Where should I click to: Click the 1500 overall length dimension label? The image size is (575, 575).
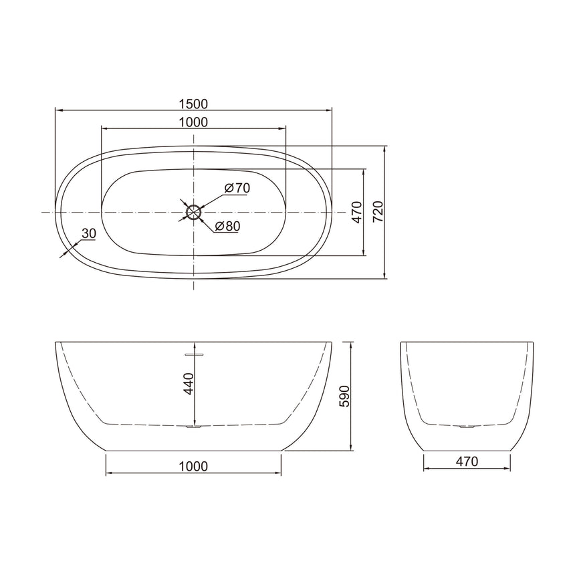coord(194,104)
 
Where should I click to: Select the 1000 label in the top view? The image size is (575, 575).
coord(194,122)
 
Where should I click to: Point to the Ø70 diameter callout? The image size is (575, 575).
coord(237,188)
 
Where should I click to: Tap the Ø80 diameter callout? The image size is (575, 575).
coord(227,226)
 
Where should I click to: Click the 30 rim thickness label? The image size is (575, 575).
coord(88,233)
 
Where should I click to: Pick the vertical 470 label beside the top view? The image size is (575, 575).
coord(356,212)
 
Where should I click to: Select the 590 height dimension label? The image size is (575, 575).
coord(344,396)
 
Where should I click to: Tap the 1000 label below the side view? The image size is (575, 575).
coord(194,466)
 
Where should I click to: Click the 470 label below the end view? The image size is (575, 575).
coord(467,461)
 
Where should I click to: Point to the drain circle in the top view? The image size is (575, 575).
coord(194,212)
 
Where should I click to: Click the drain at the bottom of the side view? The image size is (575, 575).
coord(194,426)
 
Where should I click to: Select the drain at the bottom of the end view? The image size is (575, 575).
coord(467,426)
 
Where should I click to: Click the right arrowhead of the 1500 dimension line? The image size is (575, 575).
coord(330,110)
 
